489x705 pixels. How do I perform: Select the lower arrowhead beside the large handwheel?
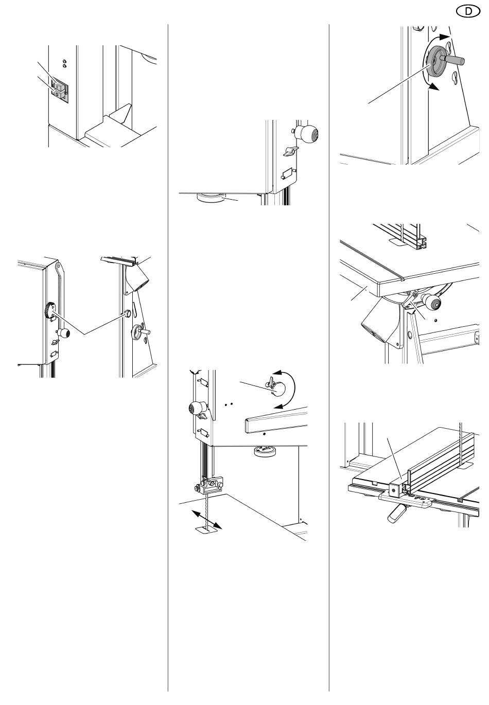[435, 87]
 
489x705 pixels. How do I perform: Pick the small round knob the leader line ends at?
[125, 313]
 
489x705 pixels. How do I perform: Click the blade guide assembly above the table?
[211, 484]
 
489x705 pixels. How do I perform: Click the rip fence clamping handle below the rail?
[397, 513]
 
